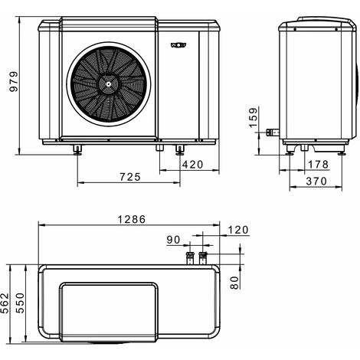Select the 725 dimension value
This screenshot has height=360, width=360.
(x=130, y=177)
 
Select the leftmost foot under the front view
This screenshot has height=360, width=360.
(x=77, y=148)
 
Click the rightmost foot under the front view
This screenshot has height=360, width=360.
(x=181, y=148)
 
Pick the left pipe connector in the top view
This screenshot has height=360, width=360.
(x=191, y=257)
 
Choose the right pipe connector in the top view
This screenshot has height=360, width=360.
(x=204, y=257)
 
